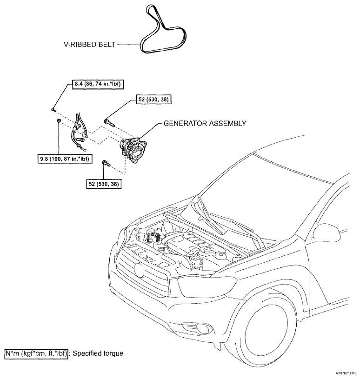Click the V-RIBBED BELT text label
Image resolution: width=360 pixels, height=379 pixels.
[x=89, y=45]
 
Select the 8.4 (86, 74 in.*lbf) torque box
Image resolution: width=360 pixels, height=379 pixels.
[x=98, y=84]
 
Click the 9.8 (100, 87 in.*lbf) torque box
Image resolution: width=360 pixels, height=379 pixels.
[x=65, y=159]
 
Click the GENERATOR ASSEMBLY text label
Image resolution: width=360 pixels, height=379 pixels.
[x=205, y=123]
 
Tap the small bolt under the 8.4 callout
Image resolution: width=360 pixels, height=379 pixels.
[x=53, y=110]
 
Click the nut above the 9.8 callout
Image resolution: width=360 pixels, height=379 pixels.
[x=58, y=120]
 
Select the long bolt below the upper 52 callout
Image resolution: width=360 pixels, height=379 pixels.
[x=109, y=123]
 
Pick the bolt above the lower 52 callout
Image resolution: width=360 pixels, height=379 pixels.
[x=107, y=163]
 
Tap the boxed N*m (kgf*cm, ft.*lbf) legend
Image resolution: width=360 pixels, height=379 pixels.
[x=36, y=353]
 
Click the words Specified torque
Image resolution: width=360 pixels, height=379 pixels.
[x=98, y=353]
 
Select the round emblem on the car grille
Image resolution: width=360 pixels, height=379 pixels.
[x=139, y=270]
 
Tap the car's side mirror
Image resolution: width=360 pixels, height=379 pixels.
[x=327, y=233]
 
